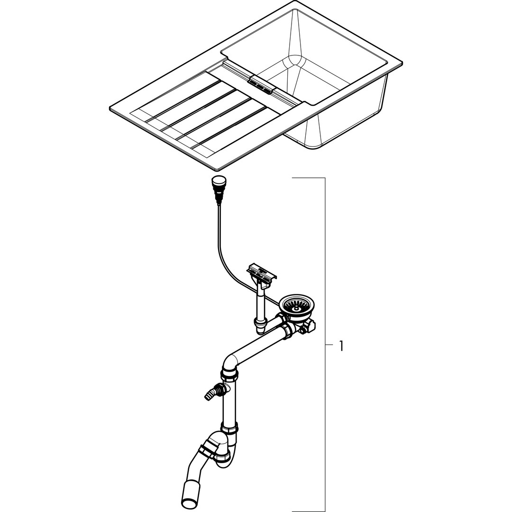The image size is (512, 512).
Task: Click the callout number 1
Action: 341,346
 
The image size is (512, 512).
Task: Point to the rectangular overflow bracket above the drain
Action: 262,271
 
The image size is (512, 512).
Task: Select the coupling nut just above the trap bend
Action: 229,428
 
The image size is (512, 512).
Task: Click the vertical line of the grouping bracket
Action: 325,345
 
